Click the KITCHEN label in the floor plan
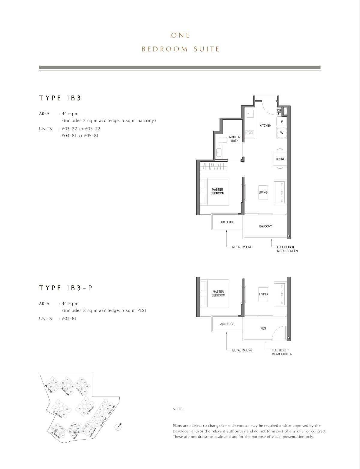pyautogui.click(x=265, y=125)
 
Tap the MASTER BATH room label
pyautogui.click(x=235, y=139)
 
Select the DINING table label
pyautogui.click(x=280, y=159)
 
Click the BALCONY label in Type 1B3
pyautogui.click(x=265, y=226)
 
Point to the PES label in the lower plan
pyautogui.click(x=263, y=328)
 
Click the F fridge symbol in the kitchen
pyautogui.click(x=282, y=122)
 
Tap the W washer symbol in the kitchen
pyautogui.click(x=282, y=133)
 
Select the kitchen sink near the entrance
pyautogui.click(x=249, y=114)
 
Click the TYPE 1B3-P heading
pyautogui.click(x=65, y=288)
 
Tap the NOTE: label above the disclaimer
pyautogui.click(x=178, y=409)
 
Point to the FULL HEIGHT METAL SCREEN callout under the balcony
pyautogui.click(x=287, y=249)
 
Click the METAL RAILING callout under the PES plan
pyautogui.click(x=242, y=350)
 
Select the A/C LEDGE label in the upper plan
pyautogui.click(x=227, y=222)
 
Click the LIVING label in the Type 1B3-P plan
pyautogui.click(x=263, y=294)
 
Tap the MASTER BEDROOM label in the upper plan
pyautogui.click(x=217, y=191)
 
